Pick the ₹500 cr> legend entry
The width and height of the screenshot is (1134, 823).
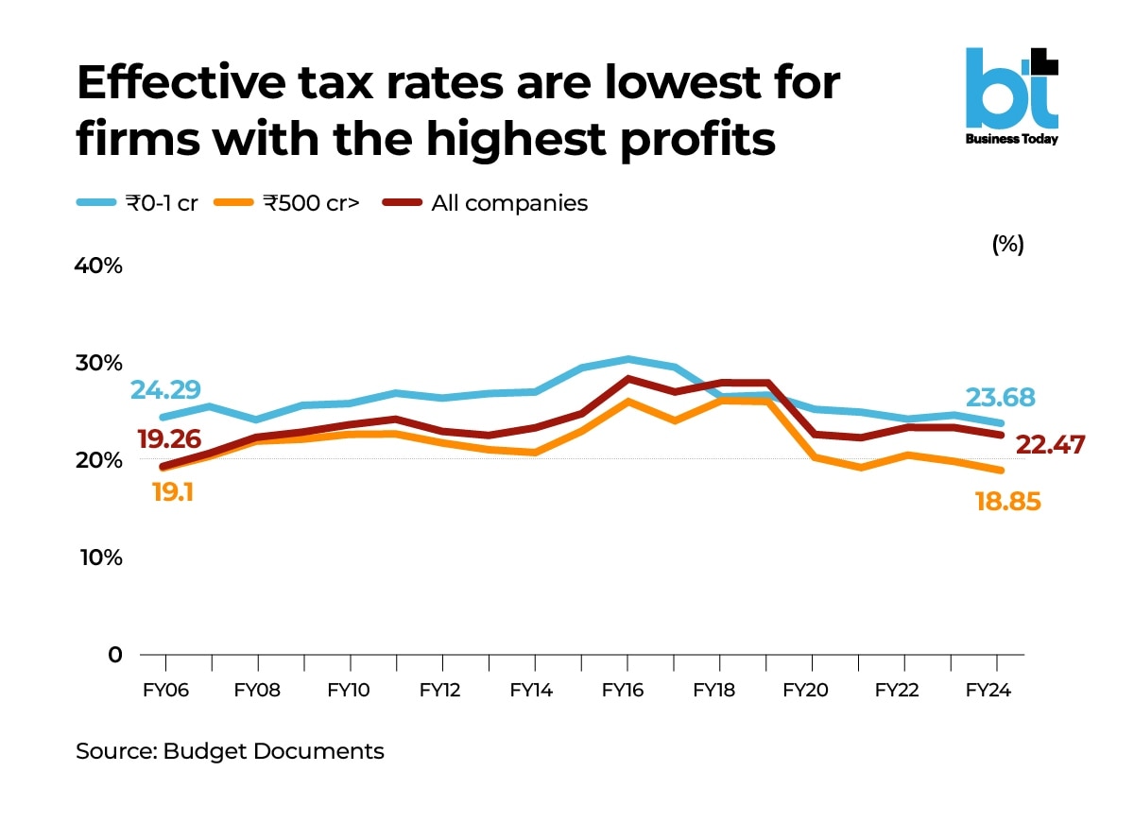[x=288, y=202]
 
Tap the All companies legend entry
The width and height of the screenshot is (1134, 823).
[x=486, y=202]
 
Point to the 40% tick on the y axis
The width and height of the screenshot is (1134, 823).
[x=99, y=266]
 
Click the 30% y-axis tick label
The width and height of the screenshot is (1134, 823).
[x=99, y=363]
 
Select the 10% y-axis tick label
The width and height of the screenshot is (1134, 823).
[x=99, y=557]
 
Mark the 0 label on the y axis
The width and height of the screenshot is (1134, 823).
[x=112, y=654]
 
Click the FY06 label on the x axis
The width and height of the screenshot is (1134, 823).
[x=165, y=691]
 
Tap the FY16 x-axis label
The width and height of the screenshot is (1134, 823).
[x=623, y=691]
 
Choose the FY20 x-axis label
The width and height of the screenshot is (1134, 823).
[x=806, y=691]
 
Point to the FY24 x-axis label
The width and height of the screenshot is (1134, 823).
[x=988, y=691]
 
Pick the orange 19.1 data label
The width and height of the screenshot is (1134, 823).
[x=170, y=491]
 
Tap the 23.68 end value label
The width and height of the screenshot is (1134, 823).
[x=1001, y=397]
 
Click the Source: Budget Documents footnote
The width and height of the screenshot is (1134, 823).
[x=230, y=751]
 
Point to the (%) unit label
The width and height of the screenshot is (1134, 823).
[x=1007, y=244]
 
